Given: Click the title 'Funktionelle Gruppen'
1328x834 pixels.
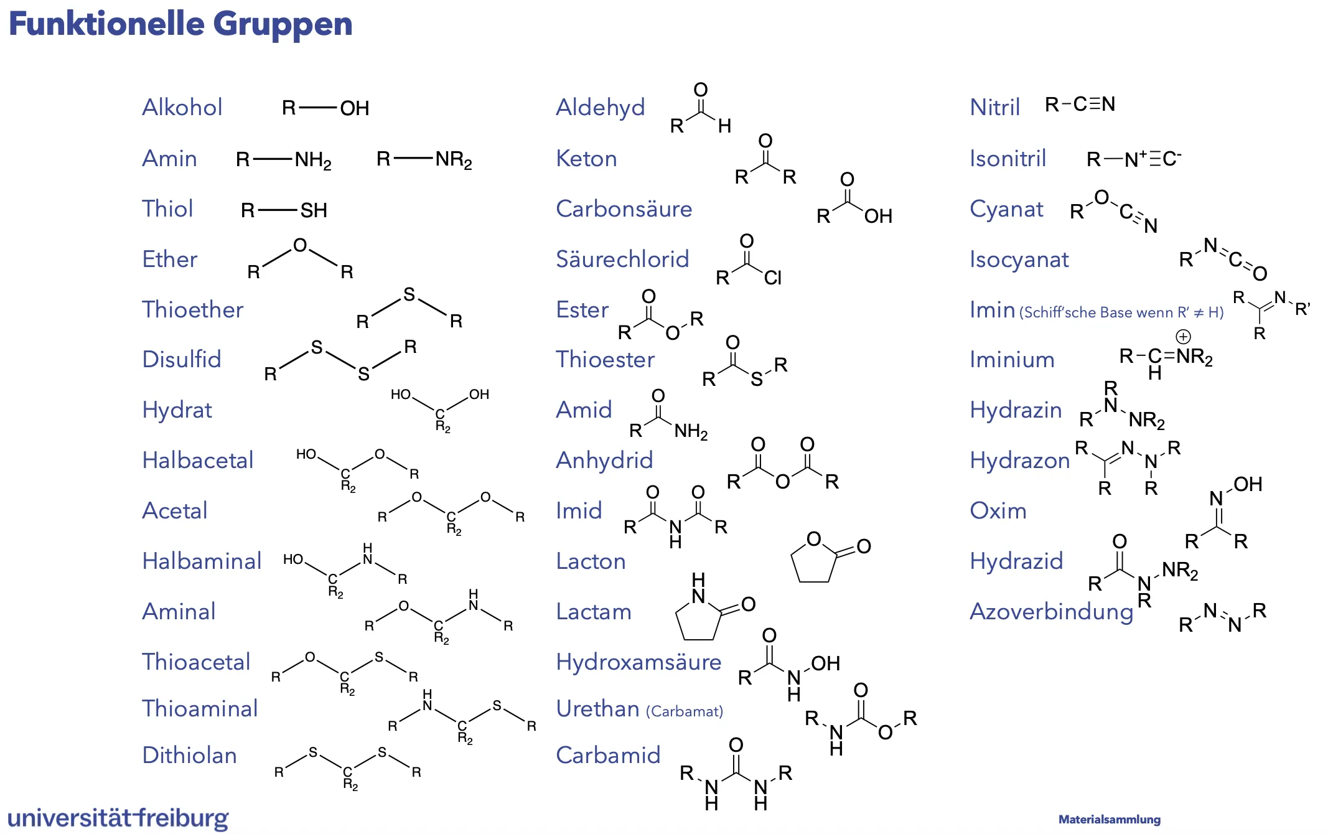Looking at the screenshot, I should [x=180, y=24].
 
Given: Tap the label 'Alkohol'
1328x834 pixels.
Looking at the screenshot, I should [x=182, y=107].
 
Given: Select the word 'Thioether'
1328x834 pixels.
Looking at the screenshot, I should [x=192, y=309].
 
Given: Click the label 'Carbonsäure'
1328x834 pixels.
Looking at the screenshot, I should [x=624, y=208].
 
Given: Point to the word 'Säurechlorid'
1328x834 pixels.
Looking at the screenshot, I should [x=622, y=259].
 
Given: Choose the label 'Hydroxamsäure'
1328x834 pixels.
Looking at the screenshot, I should [x=638, y=662].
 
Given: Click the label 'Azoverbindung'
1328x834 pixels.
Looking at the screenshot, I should [x=1051, y=611].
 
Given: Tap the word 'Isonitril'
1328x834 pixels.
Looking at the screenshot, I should [x=1008, y=158].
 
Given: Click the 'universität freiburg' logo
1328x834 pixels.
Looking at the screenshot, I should [x=118, y=818].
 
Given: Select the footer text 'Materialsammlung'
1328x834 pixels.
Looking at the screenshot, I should [x=1109, y=820].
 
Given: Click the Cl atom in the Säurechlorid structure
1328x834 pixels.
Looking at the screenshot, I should [x=772, y=278].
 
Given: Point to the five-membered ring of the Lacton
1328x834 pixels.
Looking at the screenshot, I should [x=812, y=563].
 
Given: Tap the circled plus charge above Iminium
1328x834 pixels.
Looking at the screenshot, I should [x=1183, y=337].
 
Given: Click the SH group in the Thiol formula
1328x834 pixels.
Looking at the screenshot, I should [x=314, y=210].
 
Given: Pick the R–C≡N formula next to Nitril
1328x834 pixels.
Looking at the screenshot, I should [x=1080, y=104].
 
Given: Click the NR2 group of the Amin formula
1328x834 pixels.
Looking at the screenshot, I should [x=453, y=160].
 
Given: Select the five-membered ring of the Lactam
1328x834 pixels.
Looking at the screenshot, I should [x=698, y=619].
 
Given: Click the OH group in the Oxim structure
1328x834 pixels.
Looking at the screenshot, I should [x=1248, y=484].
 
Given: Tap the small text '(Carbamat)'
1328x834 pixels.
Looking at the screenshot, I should [x=685, y=711].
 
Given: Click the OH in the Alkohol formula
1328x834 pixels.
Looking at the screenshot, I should [x=354, y=108].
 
